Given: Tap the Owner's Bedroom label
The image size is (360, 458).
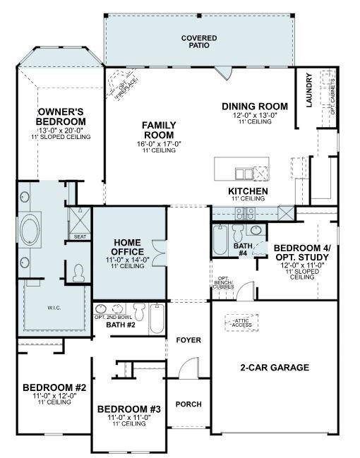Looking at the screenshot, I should point(61,117).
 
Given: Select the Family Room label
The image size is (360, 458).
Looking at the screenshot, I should point(159,131).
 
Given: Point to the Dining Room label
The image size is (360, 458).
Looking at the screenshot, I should point(249,107).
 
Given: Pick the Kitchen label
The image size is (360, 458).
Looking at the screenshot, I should point(247,191).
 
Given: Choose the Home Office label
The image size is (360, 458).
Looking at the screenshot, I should point(128,247).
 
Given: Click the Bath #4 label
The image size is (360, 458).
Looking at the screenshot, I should point(241,249).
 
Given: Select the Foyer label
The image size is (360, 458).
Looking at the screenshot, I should point(188,340).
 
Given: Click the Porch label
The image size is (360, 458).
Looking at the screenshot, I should point(188,404).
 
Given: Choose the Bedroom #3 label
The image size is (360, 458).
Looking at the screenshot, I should point(128,409).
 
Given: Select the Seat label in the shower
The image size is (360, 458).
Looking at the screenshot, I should point(80,237).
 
